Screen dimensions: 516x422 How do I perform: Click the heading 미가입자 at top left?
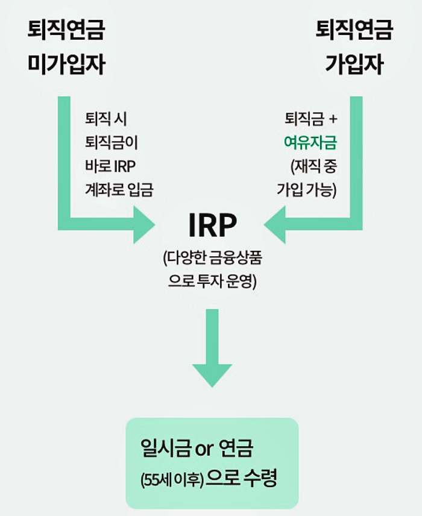point(66,64)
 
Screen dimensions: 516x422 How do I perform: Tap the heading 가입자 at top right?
point(354,64)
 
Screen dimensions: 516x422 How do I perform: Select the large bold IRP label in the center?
point(213,226)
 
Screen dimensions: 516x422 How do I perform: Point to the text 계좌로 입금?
point(120,190)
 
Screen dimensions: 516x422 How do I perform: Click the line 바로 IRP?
point(112,166)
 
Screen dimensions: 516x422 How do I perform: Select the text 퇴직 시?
point(107,119)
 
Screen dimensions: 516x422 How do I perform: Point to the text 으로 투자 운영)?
point(213,282)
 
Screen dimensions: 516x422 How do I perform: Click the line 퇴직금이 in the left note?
point(116,142)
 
